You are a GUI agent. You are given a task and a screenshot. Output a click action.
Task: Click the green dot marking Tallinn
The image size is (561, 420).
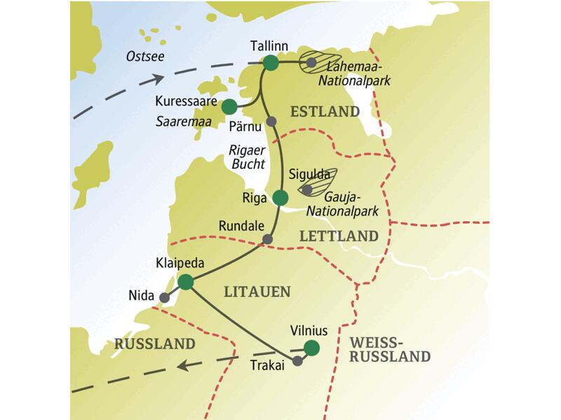pos(271,64)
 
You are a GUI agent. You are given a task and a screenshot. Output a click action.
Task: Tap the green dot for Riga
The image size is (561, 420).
pos(280,197)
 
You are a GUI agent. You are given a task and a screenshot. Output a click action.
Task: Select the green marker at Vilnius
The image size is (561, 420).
pos(311,348)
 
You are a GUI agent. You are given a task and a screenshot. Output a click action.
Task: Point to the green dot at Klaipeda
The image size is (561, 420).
pos(186,282)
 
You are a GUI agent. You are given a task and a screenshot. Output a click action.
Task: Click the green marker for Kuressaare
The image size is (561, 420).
pos(229,106)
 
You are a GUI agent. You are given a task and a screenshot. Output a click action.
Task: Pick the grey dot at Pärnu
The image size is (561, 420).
pos(272,120)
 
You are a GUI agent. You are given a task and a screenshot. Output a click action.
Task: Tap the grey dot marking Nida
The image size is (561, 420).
pos(164,298)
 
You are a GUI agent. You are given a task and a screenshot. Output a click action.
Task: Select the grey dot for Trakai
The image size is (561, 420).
pos(297,361)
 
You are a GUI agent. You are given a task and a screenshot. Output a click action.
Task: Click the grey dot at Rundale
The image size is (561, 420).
pos(266,239)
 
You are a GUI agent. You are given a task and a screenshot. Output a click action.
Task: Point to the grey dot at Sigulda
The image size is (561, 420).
pos(306,188)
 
